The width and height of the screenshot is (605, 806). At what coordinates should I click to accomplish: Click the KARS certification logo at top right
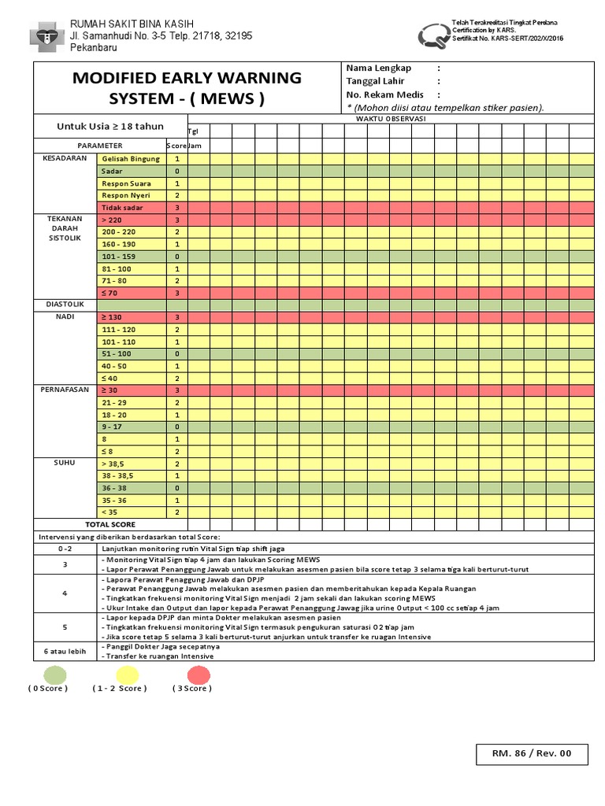(432, 34)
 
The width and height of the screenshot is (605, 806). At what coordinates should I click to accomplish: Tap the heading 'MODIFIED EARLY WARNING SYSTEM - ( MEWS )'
(187, 88)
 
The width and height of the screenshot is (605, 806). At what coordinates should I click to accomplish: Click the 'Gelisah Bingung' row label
(131, 159)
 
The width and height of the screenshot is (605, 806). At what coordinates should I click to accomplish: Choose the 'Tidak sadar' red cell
(131, 208)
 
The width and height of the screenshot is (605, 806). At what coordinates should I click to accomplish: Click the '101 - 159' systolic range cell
(131, 257)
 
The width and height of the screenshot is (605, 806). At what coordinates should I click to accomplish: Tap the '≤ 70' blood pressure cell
(131, 293)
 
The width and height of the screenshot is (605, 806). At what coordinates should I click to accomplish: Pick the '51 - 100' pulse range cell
(131, 354)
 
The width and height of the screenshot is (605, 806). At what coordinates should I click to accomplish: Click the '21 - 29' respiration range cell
(131, 403)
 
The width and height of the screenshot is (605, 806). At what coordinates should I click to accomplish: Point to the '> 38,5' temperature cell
(131, 464)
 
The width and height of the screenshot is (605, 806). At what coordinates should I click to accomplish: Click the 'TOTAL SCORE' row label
(110, 524)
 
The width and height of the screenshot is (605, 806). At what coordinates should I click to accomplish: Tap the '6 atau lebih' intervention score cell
(65, 651)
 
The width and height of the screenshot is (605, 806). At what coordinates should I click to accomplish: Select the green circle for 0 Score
(54, 675)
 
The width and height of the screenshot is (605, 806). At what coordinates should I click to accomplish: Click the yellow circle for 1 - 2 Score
(127, 675)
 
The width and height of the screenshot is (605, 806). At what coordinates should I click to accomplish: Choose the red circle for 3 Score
(198, 675)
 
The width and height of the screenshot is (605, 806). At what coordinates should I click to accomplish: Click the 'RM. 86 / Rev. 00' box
(531, 753)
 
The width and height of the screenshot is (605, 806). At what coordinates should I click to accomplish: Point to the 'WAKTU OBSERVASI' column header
(390, 118)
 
